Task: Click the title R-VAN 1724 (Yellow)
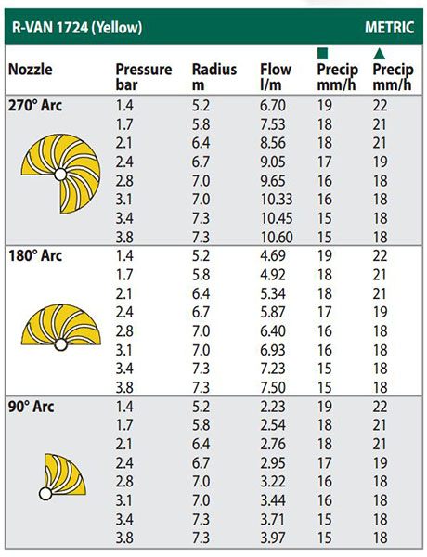(x=77, y=27)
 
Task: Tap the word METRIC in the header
(x=389, y=28)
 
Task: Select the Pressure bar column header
(x=144, y=77)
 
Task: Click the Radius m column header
(x=214, y=77)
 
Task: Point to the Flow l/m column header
(x=276, y=77)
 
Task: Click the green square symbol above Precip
(x=322, y=54)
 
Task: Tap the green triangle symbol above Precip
(x=379, y=53)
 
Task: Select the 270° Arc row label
(x=35, y=106)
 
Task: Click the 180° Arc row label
(x=35, y=256)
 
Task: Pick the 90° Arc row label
(x=32, y=407)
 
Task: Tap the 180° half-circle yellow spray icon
(x=61, y=326)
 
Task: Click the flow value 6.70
(x=273, y=106)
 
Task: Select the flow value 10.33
(x=277, y=200)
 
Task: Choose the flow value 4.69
(x=273, y=256)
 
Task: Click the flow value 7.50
(x=273, y=387)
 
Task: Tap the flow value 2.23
(x=273, y=407)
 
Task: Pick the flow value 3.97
(x=273, y=538)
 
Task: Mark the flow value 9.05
(x=273, y=162)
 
